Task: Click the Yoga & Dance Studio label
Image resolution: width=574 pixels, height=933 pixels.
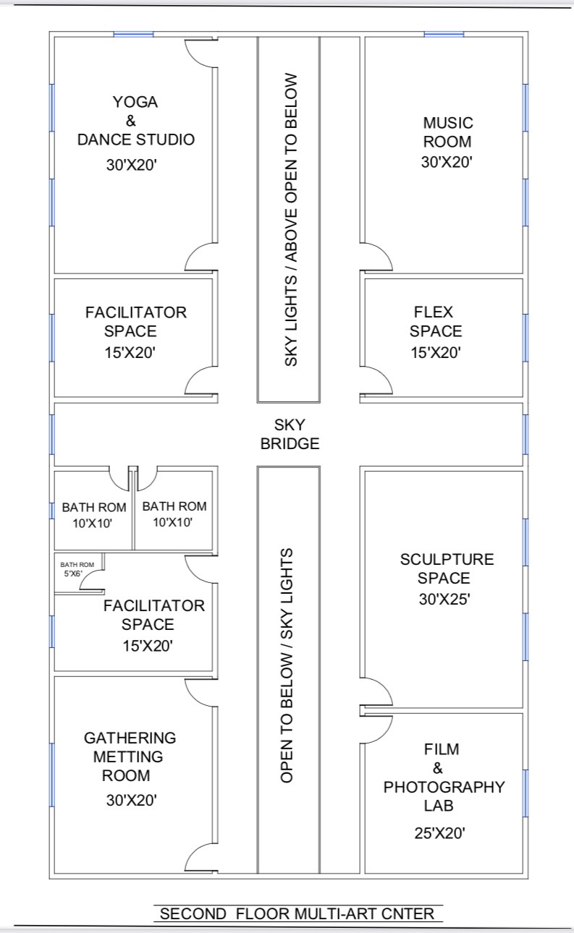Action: [x=136, y=121]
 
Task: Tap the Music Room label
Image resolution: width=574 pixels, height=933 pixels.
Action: [x=448, y=132]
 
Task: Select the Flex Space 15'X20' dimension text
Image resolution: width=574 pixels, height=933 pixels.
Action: [x=436, y=353]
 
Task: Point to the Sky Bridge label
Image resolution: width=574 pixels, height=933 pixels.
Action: [x=290, y=435]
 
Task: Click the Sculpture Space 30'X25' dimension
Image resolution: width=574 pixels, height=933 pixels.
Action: [x=444, y=600]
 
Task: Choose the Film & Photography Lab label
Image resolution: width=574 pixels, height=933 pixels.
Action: [x=444, y=777]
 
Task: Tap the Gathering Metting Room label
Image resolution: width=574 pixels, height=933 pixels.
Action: [x=130, y=757]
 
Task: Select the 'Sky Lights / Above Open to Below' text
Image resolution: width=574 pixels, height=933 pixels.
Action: [x=291, y=220]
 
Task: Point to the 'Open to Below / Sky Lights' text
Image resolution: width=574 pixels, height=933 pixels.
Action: [x=287, y=665]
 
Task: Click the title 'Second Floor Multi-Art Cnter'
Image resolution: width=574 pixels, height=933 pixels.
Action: [x=297, y=913]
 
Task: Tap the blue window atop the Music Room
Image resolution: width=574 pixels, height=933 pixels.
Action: [x=444, y=34]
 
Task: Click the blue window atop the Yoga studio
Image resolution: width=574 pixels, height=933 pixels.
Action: [x=133, y=34]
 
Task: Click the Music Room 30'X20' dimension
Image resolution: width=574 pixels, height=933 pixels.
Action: [x=447, y=162]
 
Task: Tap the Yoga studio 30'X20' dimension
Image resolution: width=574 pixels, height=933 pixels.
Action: [x=131, y=165]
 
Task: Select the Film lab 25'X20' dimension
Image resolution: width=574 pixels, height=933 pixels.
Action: [x=440, y=833]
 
